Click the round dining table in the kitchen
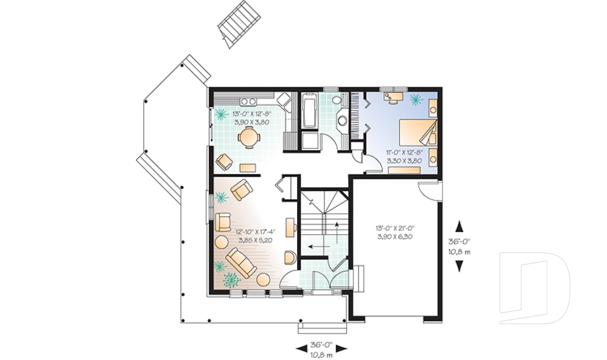point(248,137)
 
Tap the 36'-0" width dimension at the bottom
point(322,348)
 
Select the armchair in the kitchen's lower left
point(224,161)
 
